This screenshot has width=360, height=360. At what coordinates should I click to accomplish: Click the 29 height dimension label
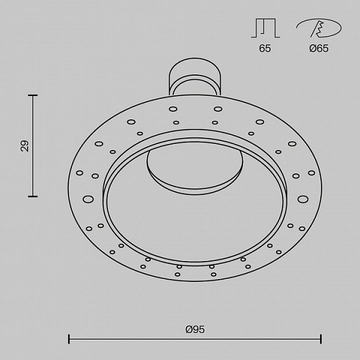(25, 146)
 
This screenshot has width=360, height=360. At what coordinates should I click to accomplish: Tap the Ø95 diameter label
(195, 329)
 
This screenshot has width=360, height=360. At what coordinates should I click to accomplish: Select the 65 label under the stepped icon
(265, 48)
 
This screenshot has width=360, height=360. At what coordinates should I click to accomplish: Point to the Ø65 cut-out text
(319, 48)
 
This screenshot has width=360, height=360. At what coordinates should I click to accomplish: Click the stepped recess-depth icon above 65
(265, 28)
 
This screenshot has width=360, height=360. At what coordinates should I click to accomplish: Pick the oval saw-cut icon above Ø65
(319, 28)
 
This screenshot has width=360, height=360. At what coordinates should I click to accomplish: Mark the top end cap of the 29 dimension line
(33, 95)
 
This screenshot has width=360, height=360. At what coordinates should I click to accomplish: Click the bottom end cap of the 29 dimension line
(33, 196)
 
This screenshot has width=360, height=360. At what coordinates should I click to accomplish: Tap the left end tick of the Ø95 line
(68, 339)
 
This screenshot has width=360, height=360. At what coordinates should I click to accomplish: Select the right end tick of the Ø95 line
(321, 339)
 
